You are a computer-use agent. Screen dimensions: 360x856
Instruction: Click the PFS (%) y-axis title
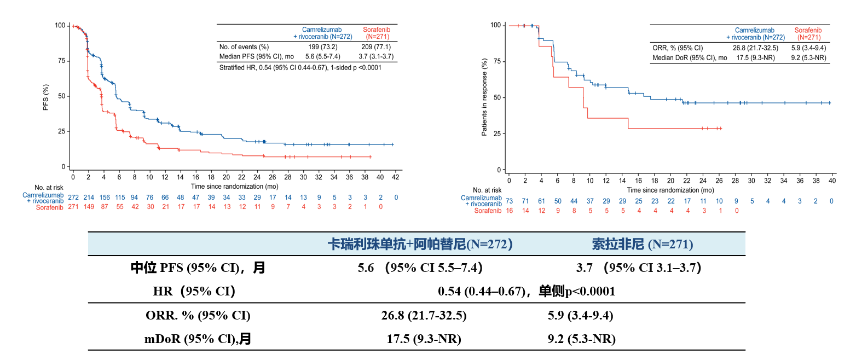click(x=47, y=98)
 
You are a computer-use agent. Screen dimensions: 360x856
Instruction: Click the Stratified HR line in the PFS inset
click(x=300, y=68)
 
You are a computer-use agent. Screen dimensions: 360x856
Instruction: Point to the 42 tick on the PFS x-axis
click(x=395, y=178)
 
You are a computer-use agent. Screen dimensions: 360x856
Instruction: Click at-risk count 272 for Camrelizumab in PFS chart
click(x=73, y=197)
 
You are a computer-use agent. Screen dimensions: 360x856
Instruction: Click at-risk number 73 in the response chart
click(x=509, y=201)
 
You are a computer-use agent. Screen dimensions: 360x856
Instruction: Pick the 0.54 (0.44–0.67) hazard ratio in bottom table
click(x=482, y=292)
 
